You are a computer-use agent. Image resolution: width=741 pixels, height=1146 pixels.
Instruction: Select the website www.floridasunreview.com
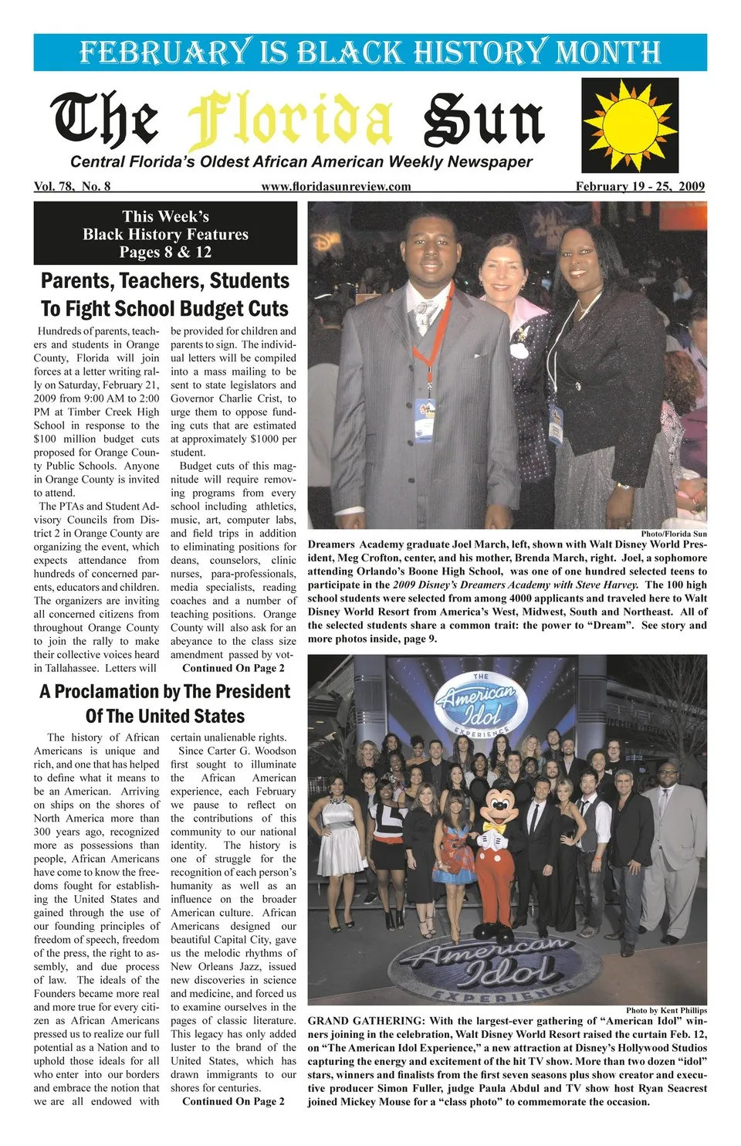coord(336,186)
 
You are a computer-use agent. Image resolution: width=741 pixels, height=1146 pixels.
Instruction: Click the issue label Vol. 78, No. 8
coord(72,186)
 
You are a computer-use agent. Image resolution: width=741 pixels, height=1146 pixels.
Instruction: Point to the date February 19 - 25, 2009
coord(640,186)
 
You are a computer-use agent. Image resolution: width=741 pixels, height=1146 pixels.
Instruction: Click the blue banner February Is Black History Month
coord(370,53)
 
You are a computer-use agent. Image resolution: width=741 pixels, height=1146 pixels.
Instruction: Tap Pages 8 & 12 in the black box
coord(165,252)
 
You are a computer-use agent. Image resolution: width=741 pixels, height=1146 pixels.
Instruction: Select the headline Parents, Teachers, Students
coord(165,280)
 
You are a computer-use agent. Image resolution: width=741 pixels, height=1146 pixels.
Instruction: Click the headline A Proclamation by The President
coord(165,691)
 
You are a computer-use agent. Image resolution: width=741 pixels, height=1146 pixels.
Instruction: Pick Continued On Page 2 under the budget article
coord(233,668)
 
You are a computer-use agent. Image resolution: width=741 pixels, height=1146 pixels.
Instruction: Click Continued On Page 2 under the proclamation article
coord(233,1101)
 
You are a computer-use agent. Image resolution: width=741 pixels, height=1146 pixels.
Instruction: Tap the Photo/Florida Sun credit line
coord(673,534)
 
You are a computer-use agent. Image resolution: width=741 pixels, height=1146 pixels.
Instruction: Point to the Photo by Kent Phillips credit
coord(666,1010)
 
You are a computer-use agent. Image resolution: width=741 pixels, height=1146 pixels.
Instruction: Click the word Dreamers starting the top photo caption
coord(331,544)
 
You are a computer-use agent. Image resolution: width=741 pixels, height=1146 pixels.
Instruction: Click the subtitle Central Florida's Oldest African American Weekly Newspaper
coord(301,162)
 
